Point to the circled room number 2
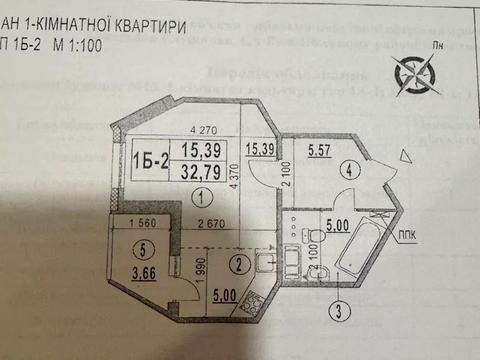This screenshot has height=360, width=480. point(237,264)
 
